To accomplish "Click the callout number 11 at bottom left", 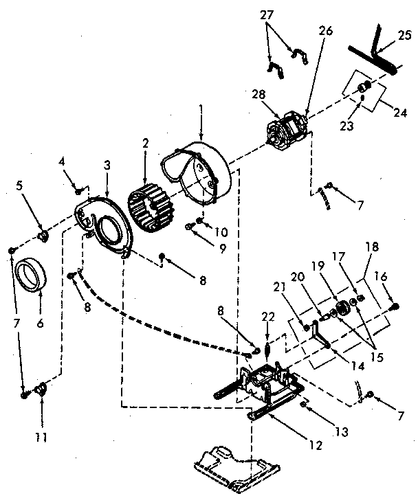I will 43,435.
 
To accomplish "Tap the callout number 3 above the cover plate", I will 107,165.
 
